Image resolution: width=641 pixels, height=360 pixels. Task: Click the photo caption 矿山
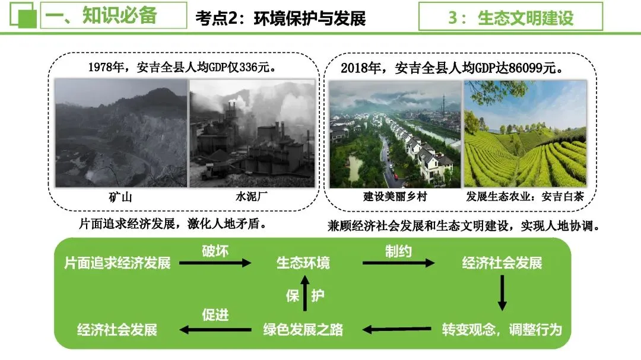tap(120, 197)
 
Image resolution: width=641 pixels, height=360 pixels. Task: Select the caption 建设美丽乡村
tap(395, 197)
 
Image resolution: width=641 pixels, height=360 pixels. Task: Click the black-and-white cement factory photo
tap(252, 134)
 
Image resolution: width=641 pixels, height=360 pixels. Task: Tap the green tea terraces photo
tap(525, 134)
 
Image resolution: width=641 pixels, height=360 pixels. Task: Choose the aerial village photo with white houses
tap(395, 134)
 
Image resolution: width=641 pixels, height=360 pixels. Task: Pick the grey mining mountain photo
tap(120, 134)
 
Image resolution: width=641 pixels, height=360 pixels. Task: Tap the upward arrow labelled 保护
tap(306, 295)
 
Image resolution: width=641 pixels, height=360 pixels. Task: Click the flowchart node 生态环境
tap(303, 263)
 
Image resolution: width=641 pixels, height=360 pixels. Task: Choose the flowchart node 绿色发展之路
tap(303, 329)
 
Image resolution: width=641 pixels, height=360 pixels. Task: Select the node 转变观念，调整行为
tap(502, 329)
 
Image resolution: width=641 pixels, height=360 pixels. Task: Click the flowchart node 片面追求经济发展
tap(118, 263)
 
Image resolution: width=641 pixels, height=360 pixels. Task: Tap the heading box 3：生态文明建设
tap(510, 17)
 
